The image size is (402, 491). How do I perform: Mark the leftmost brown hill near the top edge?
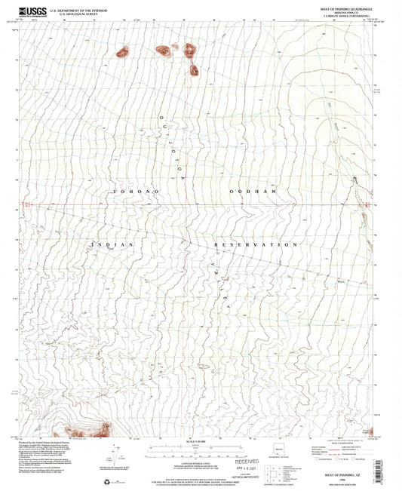(122, 52)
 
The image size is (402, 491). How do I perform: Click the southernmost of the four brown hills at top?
(193, 71)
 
